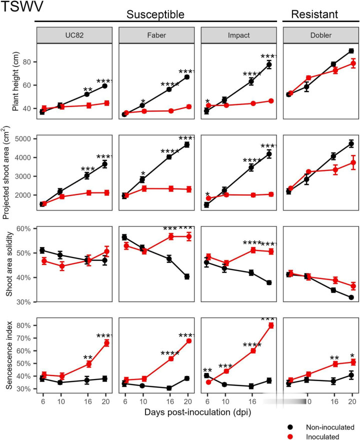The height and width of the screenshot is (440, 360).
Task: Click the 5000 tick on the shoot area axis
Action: [x=23, y=138]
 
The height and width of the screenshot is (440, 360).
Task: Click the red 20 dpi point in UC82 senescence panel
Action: [x=105, y=343]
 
